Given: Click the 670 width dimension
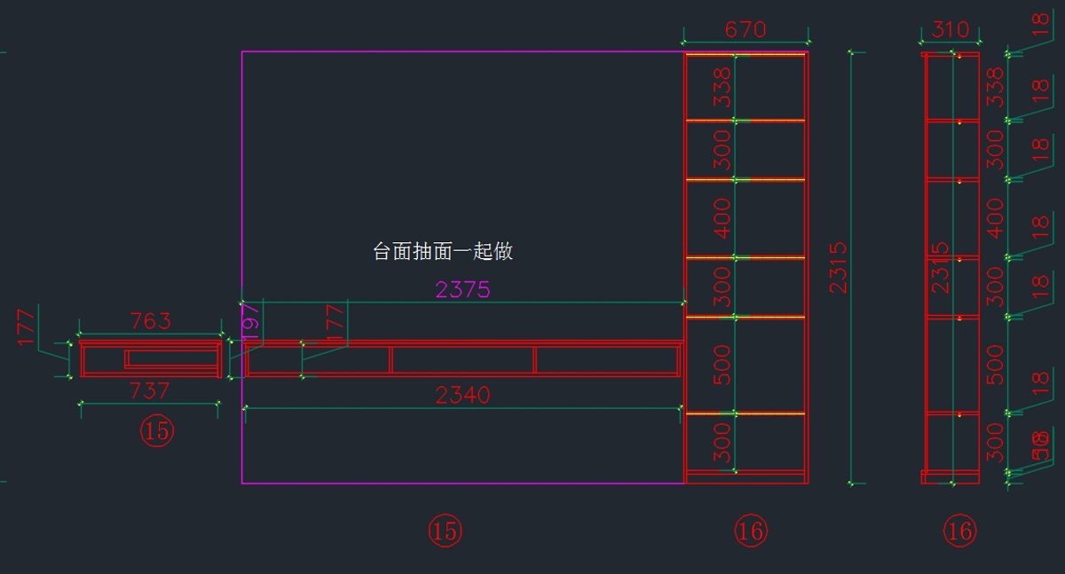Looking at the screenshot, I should [x=745, y=29].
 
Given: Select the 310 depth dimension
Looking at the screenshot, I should [x=951, y=29].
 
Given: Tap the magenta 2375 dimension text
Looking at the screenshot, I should [x=462, y=289].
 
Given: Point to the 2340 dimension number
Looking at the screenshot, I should [x=462, y=396].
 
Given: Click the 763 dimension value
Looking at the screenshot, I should [x=150, y=321].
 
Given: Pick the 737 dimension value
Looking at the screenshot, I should [x=150, y=391].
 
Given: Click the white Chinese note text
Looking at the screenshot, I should [x=443, y=252].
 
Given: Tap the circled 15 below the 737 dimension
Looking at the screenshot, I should [x=157, y=432].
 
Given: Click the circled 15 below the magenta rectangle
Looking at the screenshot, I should [x=445, y=531].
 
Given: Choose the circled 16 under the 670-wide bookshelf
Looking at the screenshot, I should [x=750, y=531].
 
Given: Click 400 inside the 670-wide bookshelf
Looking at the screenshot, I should [x=722, y=218].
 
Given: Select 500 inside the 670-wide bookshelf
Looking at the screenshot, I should [x=722, y=365].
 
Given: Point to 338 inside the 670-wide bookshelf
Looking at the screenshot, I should [x=722, y=86].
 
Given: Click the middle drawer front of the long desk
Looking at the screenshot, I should [x=462, y=359].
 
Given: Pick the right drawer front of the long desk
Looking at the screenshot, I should [x=606, y=359].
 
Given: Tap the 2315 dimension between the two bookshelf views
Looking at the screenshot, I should [x=838, y=266].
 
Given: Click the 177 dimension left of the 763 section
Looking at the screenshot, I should [x=26, y=326].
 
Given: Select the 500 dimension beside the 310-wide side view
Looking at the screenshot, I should [x=995, y=365].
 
